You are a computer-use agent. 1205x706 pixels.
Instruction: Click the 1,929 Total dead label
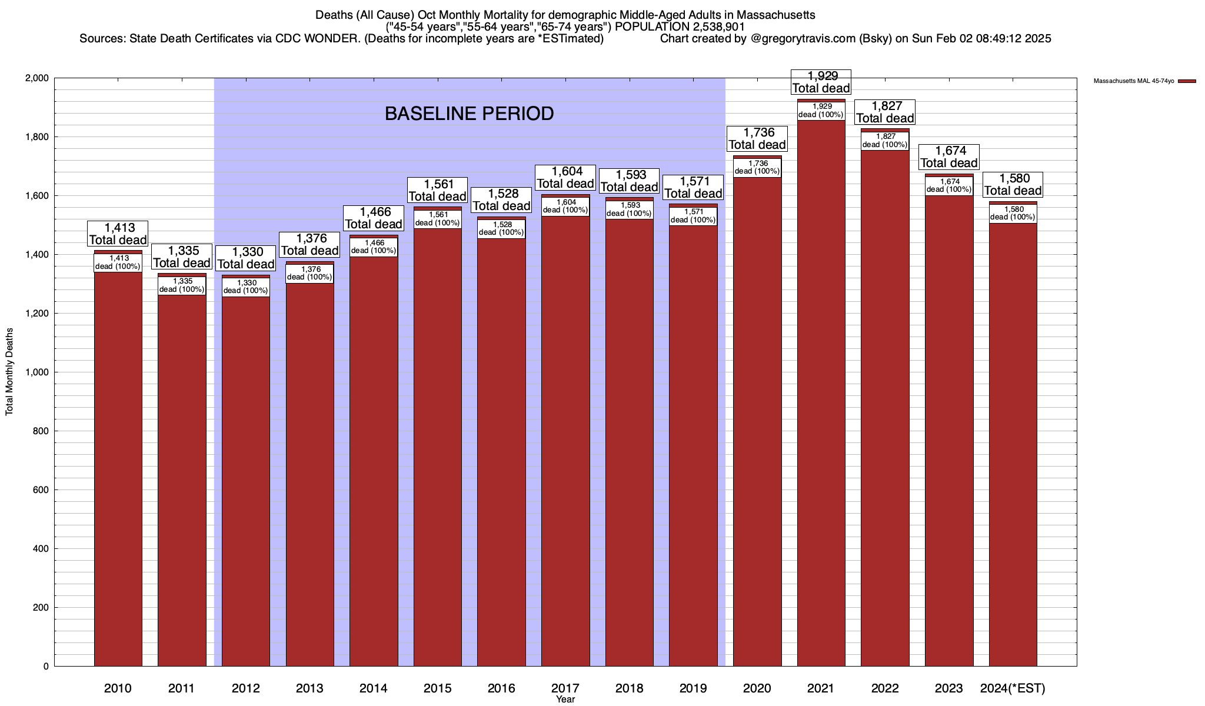[x=821, y=82]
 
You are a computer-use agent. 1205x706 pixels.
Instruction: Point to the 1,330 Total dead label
[x=246, y=258]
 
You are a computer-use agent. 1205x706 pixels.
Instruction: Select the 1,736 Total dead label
[x=757, y=138]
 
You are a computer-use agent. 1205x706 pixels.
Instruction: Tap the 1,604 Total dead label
[x=565, y=177]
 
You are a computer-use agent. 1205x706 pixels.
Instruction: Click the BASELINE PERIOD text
[x=469, y=114]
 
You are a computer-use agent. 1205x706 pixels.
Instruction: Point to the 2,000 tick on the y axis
[x=36, y=78]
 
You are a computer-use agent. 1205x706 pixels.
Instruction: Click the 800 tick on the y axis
[x=40, y=431]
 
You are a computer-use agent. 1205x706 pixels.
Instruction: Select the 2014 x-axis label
[x=374, y=688]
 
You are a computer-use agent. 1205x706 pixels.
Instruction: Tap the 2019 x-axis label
[x=693, y=688]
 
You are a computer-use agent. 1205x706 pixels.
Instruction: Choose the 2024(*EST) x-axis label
[x=1013, y=688]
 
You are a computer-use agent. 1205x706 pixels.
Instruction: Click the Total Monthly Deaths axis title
[x=9, y=372]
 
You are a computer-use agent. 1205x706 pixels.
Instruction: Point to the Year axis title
[x=565, y=700]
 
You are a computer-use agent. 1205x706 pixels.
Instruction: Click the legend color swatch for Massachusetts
[x=1187, y=81]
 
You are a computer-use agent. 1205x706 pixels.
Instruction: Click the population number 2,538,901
[x=713, y=26]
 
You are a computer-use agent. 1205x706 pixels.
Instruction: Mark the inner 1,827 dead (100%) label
[x=885, y=140]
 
